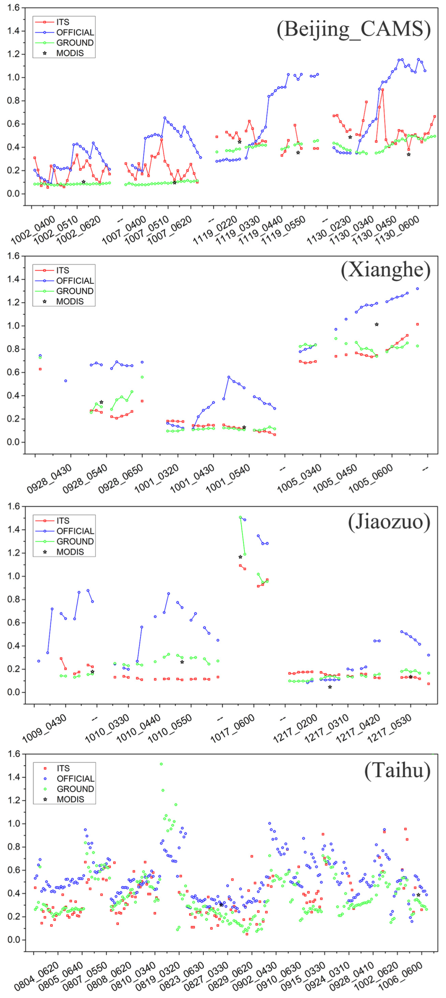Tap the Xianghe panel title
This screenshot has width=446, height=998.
tap(385, 270)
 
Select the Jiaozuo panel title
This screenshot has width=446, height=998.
tap(389, 522)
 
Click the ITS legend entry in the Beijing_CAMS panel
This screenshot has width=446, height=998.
tap(63, 22)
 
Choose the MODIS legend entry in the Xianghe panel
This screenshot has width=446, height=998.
tap(69, 301)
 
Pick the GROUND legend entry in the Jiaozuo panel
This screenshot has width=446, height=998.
tap(75, 541)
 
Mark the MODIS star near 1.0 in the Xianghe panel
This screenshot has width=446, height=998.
tap(377, 325)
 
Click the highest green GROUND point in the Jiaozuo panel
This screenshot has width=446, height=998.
tap(240, 518)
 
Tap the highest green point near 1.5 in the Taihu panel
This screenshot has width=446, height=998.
tap(161, 764)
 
